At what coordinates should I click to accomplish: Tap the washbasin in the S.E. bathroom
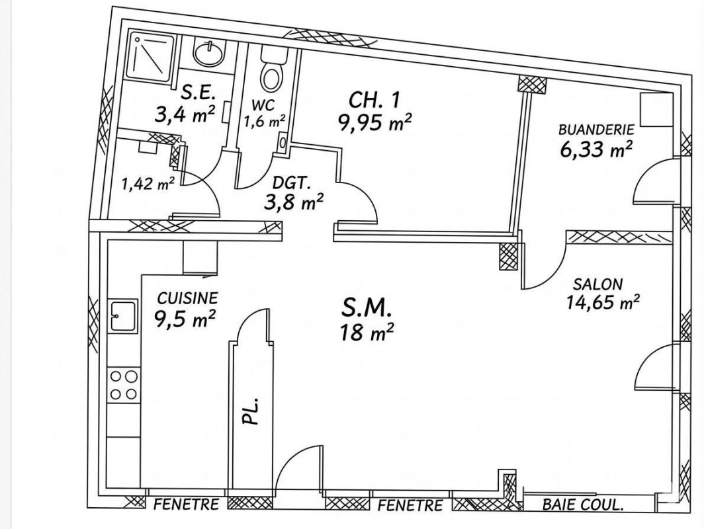pos(208,52)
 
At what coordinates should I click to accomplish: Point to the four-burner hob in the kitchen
pos(124,385)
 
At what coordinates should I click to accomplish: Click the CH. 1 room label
pos(374,100)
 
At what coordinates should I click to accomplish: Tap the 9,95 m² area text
pos(375,122)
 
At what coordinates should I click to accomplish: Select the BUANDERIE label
pos(596,130)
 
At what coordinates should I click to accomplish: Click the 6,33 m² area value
pos(596,149)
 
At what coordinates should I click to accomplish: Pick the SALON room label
pos(598,284)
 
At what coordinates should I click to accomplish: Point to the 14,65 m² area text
pos(603,302)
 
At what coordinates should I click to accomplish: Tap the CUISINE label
pos(188,298)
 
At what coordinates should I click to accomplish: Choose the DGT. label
pos(292,183)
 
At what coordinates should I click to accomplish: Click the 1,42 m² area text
pos(148,183)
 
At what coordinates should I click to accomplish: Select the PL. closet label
pos(251,411)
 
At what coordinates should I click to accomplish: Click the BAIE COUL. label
pos(583,505)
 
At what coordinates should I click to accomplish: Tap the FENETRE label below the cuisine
pos(187,505)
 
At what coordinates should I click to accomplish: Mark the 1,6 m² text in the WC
pos(264,122)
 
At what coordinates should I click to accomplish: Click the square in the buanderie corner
pos(656,110)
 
